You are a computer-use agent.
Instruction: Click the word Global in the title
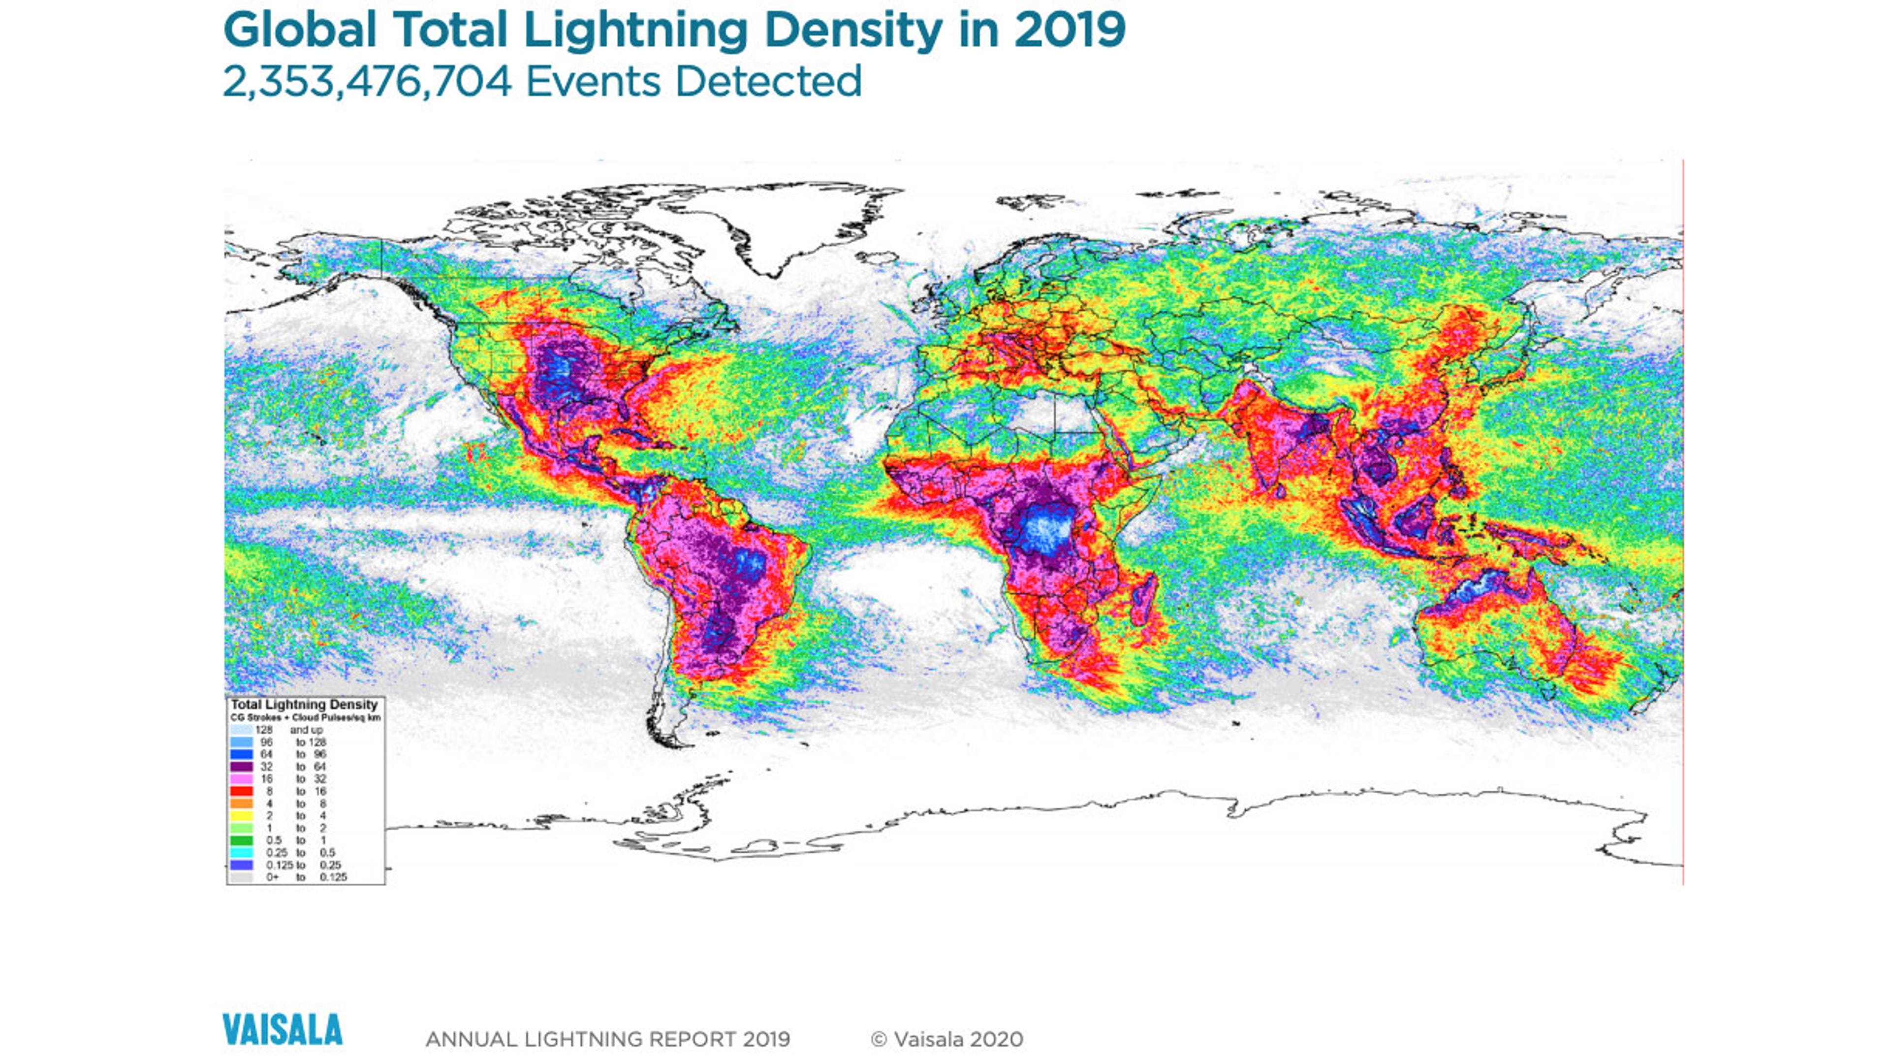[x=299, y=31]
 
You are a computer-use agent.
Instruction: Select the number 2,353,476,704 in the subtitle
[x=367, y=81]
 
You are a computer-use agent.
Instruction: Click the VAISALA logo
[x=283, y=1029]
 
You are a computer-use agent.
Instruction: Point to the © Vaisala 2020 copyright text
[x=946, y=1039]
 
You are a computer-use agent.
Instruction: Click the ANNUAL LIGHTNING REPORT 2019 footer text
[x=607, y=1039]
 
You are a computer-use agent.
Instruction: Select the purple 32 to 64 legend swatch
[x=241, y=766]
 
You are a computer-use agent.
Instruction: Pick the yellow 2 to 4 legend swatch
[x=241, y=815]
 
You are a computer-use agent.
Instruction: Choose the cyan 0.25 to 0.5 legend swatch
[x=241, y=853]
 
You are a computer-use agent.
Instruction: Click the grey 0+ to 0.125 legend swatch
[x=241, y=877]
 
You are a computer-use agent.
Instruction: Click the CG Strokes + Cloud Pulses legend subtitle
[x=305, y=717]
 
